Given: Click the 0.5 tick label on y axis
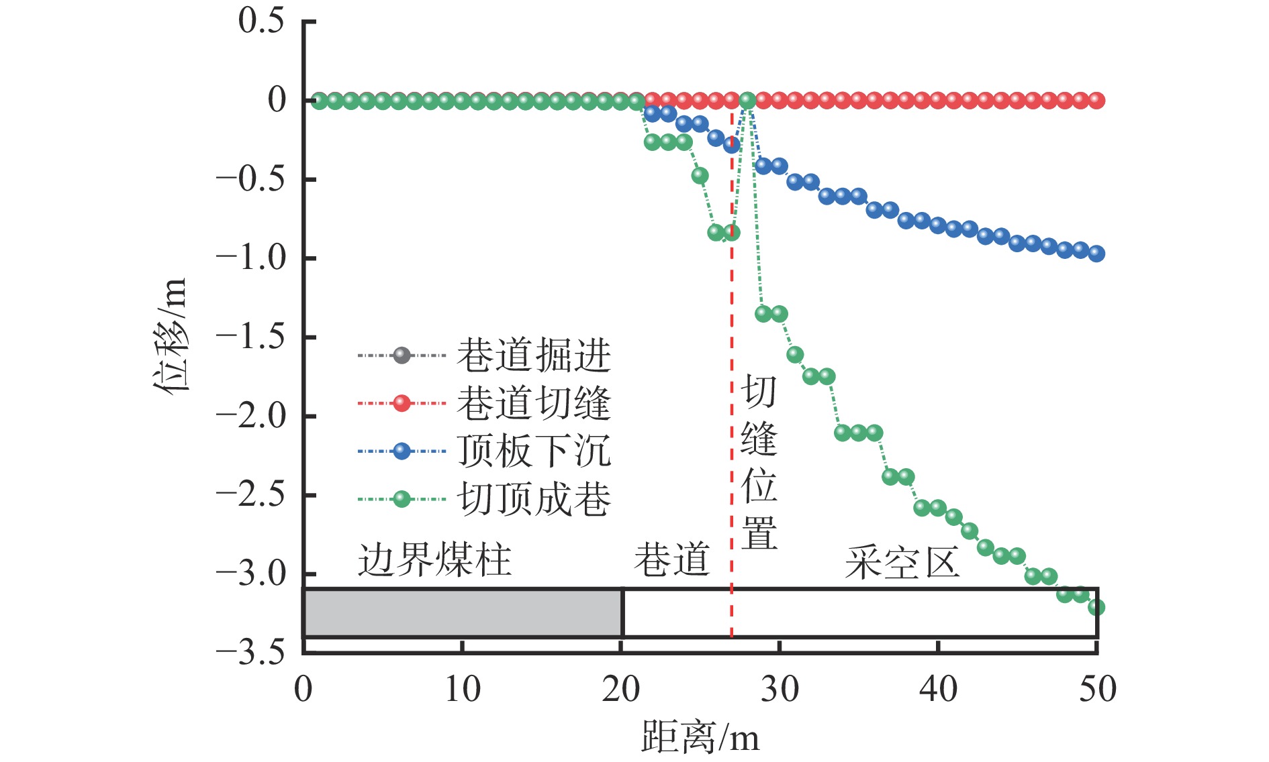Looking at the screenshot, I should click(x=261, y=21).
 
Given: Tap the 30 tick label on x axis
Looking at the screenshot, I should click(x=780, y=689).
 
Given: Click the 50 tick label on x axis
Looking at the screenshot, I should click(x=1097, y=689).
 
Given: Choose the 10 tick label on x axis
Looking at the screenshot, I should click(x=463, y=689).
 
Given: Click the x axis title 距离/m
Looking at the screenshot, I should click(x=700, y=738).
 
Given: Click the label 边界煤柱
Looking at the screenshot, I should click(x=434, y=560).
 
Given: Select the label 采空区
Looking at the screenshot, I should click(x=902, y=562).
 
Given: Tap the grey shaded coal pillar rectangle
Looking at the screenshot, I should click(x=463, y=613).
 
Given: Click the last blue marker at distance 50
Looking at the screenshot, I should click(x=1096, y=254).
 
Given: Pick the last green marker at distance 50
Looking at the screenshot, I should click(x=1096, y=608).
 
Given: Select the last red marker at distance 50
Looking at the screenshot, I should click(x=1096, y=101).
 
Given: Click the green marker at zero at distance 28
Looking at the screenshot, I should click(x=747, y=101).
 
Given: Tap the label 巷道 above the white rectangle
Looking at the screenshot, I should click(x=671, y=560).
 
